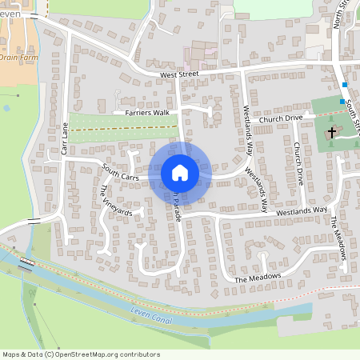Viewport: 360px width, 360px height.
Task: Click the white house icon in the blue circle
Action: pos(180,172)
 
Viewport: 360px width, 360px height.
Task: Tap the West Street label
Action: pos(179,75)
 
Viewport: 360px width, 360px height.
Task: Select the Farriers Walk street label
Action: pos(147,114)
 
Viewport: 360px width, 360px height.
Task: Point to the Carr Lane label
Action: pos(65,138)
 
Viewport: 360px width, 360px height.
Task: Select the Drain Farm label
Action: pos(18,58)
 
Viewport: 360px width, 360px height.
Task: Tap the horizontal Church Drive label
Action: pos(281,118)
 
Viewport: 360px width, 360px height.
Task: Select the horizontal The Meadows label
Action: pos(258,278)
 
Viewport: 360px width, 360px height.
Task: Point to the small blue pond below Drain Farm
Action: pos(6,107)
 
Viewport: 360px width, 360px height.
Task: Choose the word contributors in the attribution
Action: pos(141,354)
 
